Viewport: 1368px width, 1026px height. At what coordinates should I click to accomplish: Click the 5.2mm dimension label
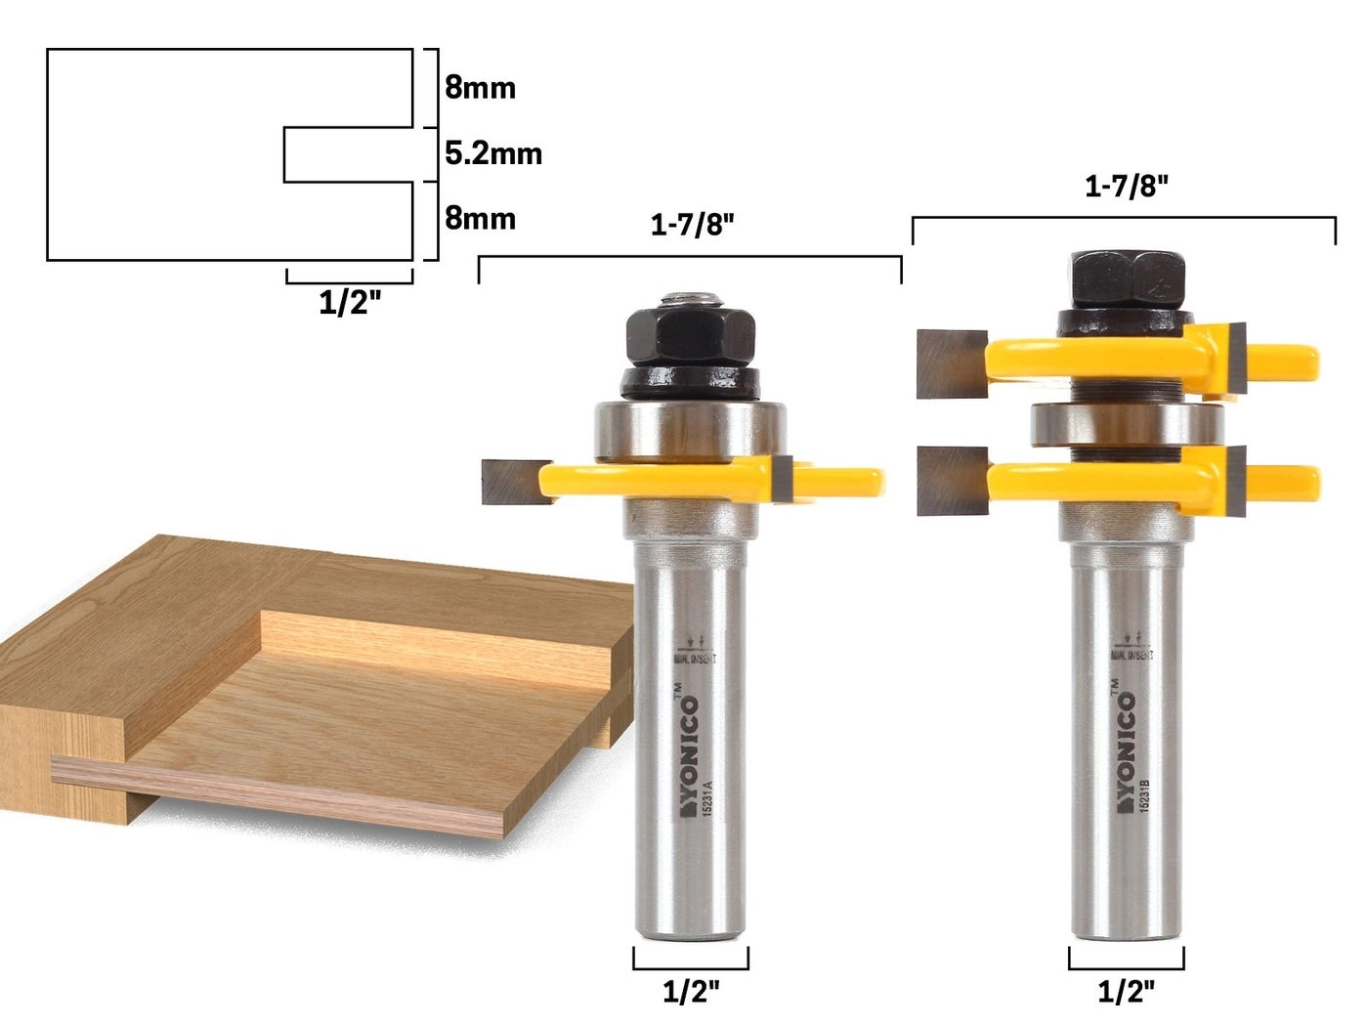(x=492, y=153)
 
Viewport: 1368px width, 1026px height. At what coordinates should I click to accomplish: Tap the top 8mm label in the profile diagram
(x=480, y=88)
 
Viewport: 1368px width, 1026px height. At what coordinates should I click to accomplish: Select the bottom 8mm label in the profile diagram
(x=480, y=218)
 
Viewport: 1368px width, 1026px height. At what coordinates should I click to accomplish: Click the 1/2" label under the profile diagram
(x=349, y=303)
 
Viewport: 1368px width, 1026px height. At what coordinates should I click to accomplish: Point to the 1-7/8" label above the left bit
(x=692, y=226)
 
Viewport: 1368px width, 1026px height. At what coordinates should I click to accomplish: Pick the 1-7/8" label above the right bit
(x=1126, y=187)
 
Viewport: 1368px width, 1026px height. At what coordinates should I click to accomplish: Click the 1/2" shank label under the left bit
(x=691, y=992)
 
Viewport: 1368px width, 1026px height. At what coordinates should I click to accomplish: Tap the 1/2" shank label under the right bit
(x=1126, y=992)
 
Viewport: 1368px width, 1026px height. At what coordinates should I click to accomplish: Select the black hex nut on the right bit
(x=1126, y=282)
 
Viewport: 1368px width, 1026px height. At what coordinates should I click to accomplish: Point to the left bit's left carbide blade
(x=509, y=482)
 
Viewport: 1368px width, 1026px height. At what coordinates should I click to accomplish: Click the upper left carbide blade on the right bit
(x=951, y=363)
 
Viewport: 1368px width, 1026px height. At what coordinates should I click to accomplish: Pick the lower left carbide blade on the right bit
(x=951, y=481)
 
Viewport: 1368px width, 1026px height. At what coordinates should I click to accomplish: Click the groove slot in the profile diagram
(x=347, y=154)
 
